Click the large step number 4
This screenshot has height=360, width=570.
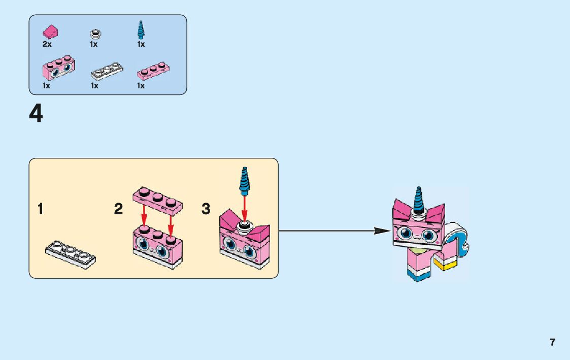[x=36, y=114]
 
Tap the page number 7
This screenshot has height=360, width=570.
[x=552, y=342]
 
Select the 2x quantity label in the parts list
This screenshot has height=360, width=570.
[x=47, y=44]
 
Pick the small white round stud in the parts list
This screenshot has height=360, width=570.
[x=94, y=34]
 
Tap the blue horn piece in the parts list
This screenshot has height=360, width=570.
[x=141, y=30]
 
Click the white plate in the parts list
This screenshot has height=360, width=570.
[x=107, y=71]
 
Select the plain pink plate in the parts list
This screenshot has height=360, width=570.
[x=153, y=71]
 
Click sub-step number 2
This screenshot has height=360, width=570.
[x=118, y=209]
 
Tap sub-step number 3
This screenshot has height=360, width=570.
[x=206, y=209]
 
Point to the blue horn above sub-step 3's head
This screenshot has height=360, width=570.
[x=245, y=180]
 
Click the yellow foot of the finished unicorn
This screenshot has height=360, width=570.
[x=446, y=265]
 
